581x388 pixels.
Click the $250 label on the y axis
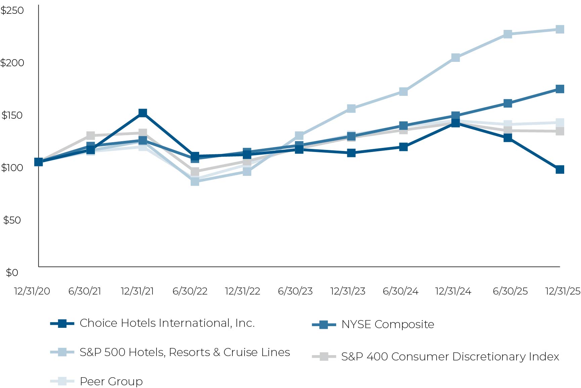(x=12, y=10)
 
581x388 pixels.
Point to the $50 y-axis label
(x=12, y=220)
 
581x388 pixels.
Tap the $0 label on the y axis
(x=12, y=273)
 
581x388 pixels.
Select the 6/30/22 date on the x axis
(x=190, y=291)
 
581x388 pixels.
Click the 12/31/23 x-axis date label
(x=348, y=291)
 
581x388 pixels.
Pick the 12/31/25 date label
(x=563, y=291)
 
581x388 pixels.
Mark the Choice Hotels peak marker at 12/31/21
(x=143, y=113)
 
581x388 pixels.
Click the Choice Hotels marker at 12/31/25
(x=560, y=169)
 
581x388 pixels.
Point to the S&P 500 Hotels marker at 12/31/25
(x=560, y=30)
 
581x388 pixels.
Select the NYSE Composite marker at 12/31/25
(x=560, y=89)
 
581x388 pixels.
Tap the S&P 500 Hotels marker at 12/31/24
(x=455, y=58)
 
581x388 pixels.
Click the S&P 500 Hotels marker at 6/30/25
(x=508, y=34)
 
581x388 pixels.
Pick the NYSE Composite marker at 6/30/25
(x=508, y=103)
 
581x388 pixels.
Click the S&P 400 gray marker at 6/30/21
(x=91, y=136)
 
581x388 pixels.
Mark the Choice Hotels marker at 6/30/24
(x=403, y=147)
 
